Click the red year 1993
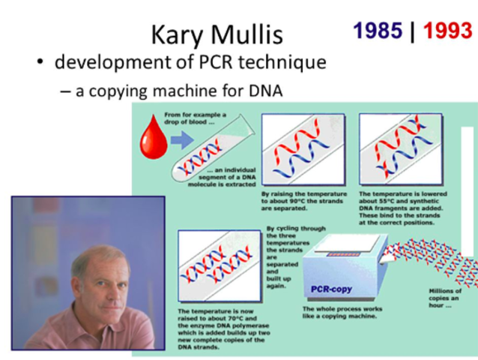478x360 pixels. (447, 31)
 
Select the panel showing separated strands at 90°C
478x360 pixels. (303, 151)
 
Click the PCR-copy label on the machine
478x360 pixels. (331, 289)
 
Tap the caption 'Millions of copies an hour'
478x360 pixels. (447, 298)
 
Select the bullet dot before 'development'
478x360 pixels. (41, 62)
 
